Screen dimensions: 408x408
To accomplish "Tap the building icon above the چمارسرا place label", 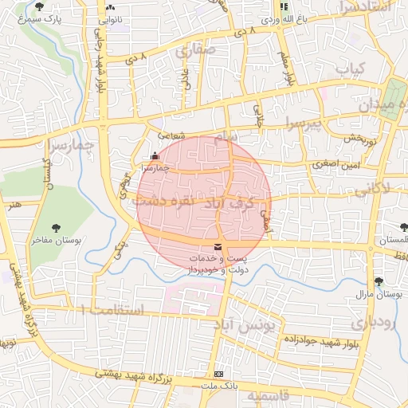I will pos(154,157).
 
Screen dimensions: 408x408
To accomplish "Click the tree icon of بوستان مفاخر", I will pos(56,228).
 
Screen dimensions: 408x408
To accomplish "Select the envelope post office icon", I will pos(218,247).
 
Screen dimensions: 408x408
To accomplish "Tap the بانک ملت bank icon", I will pos(218,373).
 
